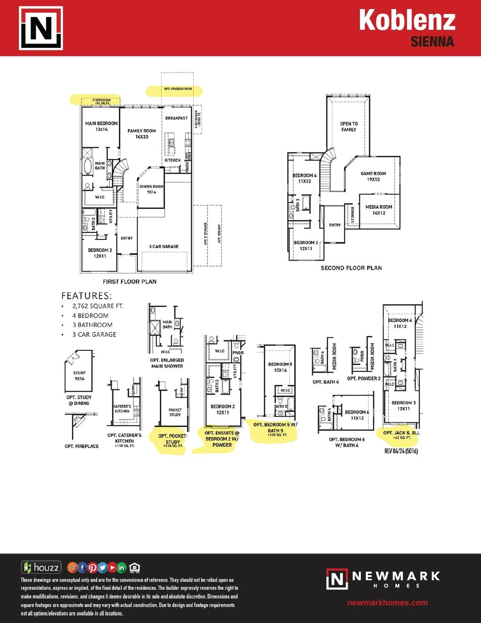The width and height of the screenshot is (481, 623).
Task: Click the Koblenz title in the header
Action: pos(407,20)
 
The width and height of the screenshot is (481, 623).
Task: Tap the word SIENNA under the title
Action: pos(432,42)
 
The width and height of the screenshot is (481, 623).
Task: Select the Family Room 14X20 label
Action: pos(142,134)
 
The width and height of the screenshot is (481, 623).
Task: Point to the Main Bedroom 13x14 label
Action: pos(101,126)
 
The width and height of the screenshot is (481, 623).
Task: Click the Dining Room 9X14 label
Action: pos(151,189)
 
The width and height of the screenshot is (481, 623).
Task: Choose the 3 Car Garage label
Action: pos(163,247)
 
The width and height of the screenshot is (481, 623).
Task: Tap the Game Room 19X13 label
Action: pos(373,176)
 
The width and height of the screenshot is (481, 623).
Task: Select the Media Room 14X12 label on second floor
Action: pos(379,210)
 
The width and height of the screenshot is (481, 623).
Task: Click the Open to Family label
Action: pos(349,127)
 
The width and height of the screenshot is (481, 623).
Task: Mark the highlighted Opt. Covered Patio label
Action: pos(178,89)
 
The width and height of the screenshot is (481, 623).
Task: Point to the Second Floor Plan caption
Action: pos(351,268)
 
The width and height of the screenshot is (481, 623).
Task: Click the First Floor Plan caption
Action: pos(129,281)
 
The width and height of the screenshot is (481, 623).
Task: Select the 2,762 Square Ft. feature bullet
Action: pos(97,306)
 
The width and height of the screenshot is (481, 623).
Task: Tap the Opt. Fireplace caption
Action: pos(82,446)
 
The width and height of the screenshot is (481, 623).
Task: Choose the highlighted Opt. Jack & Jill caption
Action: pos(402,435)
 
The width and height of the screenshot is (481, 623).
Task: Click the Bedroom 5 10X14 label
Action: pos(280,367)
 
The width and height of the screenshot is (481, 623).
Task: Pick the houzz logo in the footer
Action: pos(41,567)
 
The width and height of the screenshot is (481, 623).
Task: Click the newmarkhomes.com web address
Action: pos(387,603)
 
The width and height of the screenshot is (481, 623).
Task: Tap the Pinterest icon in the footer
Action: pos(92,568)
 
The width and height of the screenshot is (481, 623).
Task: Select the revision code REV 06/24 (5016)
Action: pos(401,451)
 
